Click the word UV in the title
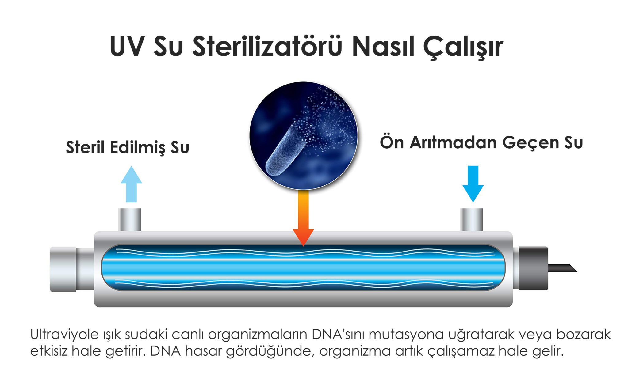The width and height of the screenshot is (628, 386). point(127,46)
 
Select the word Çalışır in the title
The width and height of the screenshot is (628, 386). point(463,47)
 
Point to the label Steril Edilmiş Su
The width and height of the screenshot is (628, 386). point(128,148)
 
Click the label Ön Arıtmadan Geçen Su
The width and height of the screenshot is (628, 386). point(481,143)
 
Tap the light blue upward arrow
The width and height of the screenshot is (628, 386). point(131,184)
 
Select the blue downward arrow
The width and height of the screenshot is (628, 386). point(473,184)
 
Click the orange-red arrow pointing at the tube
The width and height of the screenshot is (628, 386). point(303,218)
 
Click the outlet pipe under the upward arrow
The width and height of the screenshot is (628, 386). point(130,220)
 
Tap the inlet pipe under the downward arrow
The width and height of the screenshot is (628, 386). point(471,220)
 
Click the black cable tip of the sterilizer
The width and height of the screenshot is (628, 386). point(562,268)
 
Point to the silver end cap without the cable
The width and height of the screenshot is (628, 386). point(63,269)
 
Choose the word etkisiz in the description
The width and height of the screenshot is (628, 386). point(49,351)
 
